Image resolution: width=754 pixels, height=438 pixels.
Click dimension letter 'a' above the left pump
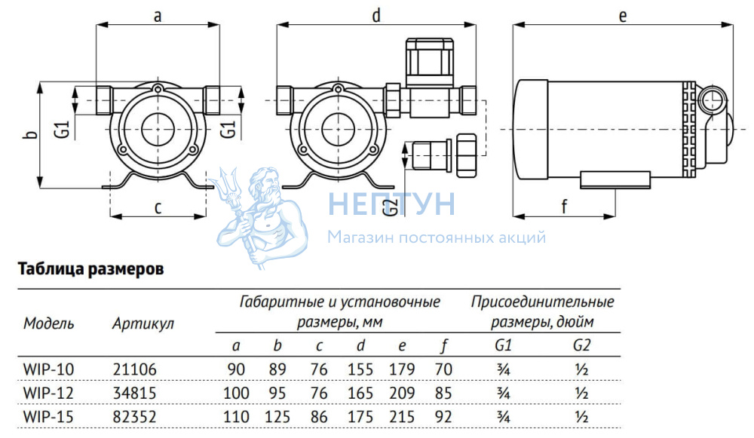[x=158, y=14]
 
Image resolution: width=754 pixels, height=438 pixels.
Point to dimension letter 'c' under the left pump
[x=158, y=207]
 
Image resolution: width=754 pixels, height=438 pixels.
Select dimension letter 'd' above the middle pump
[x=375, y=14]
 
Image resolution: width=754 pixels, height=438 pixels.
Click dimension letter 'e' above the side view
[x=623, y=14]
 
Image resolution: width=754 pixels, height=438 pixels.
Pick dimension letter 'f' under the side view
[x=564, y=204]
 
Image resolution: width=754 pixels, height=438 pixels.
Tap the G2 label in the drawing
[x=390, y=204]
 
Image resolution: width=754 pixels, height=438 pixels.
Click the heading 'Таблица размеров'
[x=90, y=269]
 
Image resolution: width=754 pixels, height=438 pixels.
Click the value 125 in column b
[x=277, y=415]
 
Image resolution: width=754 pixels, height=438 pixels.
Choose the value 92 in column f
[x=444, y=415]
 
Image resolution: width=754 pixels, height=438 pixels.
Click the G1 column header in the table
[x=504, y=347]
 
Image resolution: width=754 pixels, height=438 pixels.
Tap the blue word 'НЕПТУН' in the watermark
[x=391, y=204]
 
